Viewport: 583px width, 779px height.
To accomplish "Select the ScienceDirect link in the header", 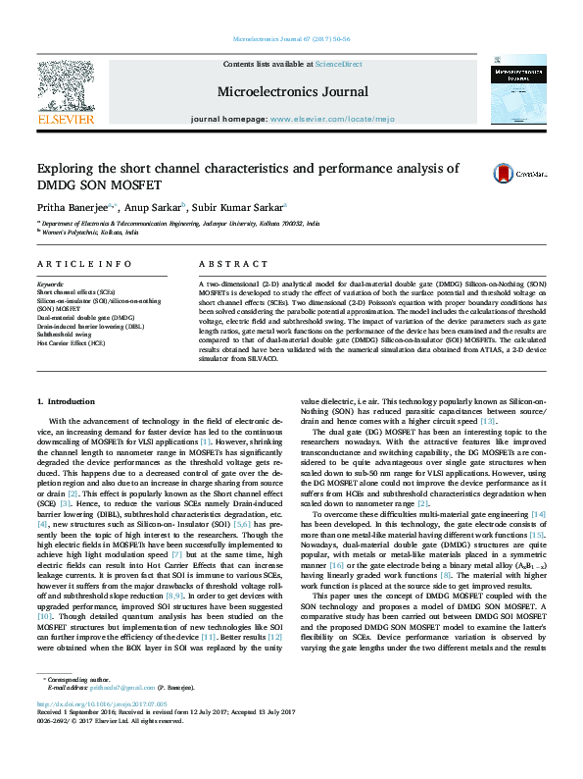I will [x=338, y=64].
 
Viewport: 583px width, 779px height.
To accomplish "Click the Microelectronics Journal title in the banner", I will [x=293, y=92].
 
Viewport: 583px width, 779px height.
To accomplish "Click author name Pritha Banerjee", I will [x=74, y=207].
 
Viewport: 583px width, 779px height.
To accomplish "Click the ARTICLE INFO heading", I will [x=84, y=264].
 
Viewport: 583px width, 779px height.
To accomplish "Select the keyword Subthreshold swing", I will [x=66, y=335].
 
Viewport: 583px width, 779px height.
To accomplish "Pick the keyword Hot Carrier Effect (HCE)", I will [x=71, y=342].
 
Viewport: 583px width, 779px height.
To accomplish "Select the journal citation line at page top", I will [x=292, y=39].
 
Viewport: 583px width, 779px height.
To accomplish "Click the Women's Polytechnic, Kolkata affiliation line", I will [x=83, y=233].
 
